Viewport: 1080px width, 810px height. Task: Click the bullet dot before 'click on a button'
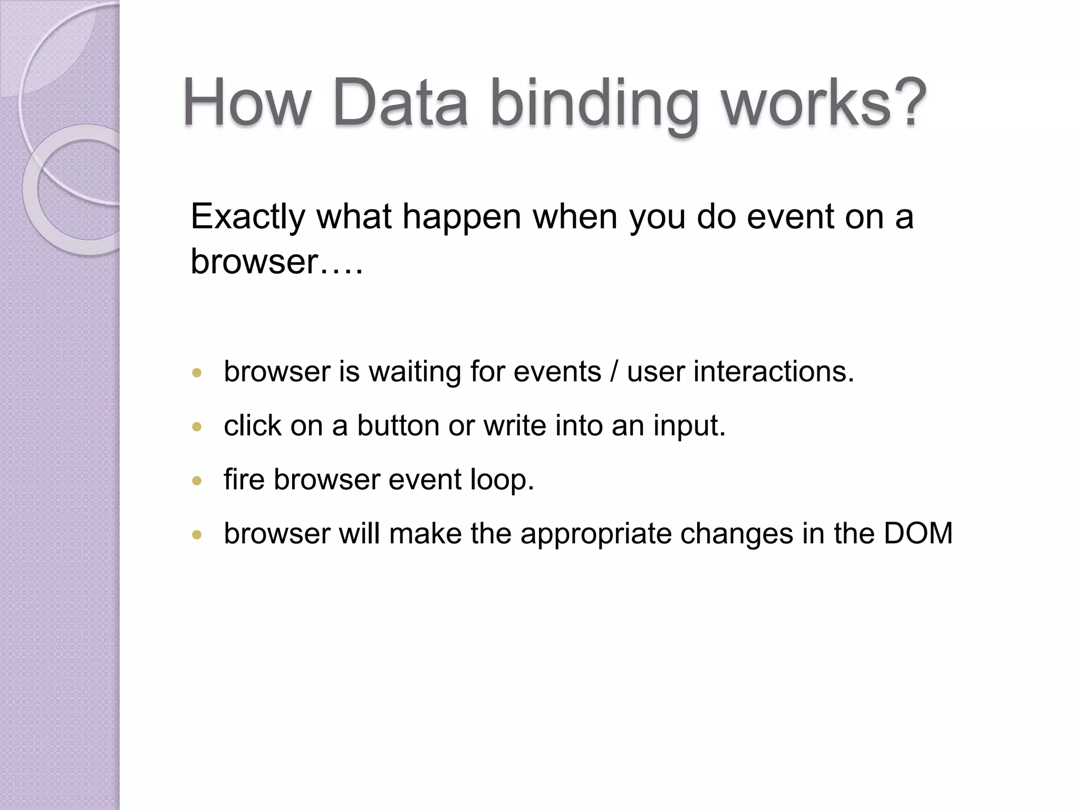click(x=197, y=427)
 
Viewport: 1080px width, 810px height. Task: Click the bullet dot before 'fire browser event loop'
click(x=197, y=481)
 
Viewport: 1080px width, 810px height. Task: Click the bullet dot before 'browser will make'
click(x=197, y=535)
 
